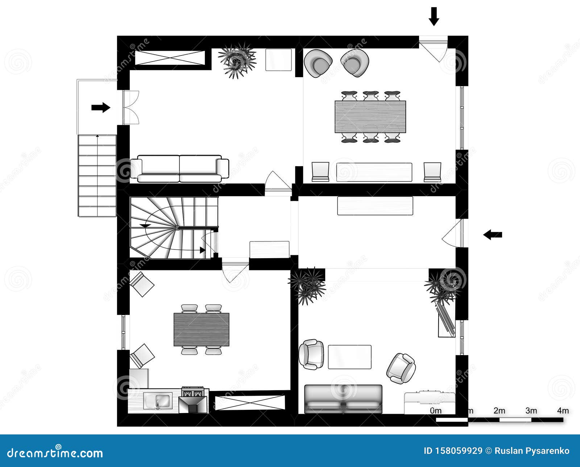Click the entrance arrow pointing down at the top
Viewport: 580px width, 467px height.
pyautogui.click(x=434, y=16)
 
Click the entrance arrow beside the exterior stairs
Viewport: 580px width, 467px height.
pyautogui.click(x=100, y=107)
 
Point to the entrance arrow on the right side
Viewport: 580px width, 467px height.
pyautogui.click(x=493, y=235)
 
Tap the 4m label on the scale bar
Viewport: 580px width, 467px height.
pyautogui.click(x=563, y=411)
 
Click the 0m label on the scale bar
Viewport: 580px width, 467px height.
pyautogui.click(x=436, y=411)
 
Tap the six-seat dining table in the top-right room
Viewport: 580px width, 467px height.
pyautogui.click(x=370, y=117)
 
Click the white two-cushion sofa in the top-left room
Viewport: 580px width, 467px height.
pyautogui.click(x=180, y=169)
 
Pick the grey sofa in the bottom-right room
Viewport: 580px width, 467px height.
pyautogui.click(x=343, y=399)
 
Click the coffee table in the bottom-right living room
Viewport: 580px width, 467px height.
pyautogui.click(x=349, y=357)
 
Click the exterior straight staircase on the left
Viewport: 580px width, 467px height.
pyautogui.click(x=97, y=176)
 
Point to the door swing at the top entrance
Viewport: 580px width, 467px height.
pyautogui.click(x=434, y=49)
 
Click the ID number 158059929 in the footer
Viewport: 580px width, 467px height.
pyautogui.click(x=453, y=451)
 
